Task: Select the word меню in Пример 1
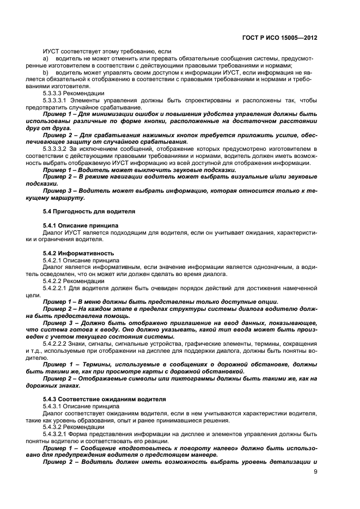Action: pyautogui.click(x=93, y=302)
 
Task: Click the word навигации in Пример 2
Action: pyautogui.click(x=122, y=176)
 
